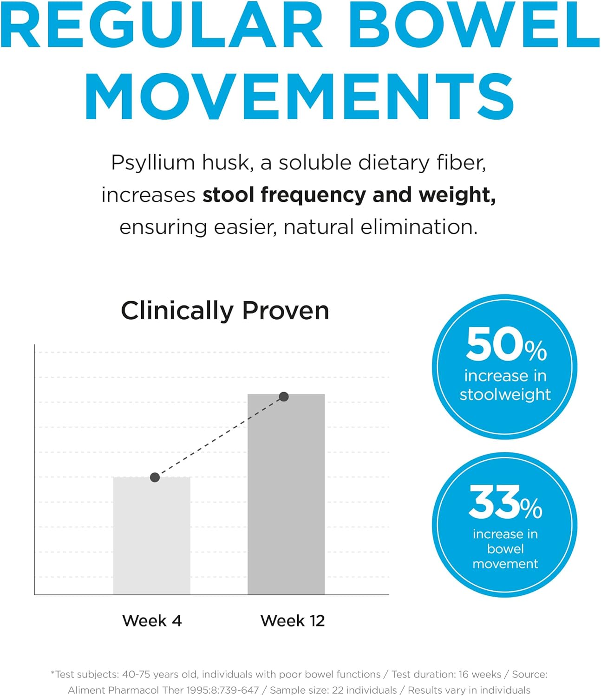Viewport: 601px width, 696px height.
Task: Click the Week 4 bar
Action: tap(152, 536)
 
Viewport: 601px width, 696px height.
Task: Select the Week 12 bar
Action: tap(286, 494)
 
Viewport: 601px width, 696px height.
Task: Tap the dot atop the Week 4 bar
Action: tap(155, 477)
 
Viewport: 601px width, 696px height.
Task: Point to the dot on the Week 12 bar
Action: tap(284, 397)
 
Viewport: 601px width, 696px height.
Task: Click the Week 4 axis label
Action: tap(152, 621)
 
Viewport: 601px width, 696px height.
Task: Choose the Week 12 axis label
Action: tap(293, 621)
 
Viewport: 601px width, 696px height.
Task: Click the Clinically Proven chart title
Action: tap(225, 310)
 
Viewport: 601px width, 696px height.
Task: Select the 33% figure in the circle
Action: tap(505, 502)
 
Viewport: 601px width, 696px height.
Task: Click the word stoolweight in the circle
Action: tap(505, 395)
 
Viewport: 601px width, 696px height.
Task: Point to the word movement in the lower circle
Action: tap(505, 564)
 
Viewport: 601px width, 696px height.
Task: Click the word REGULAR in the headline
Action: tap(162, 24)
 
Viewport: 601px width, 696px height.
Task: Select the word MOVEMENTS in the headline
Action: tap(300, 97)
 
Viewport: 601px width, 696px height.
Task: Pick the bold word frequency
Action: tap(314, 196)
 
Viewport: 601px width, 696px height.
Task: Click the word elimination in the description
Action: tap(419, 227)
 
